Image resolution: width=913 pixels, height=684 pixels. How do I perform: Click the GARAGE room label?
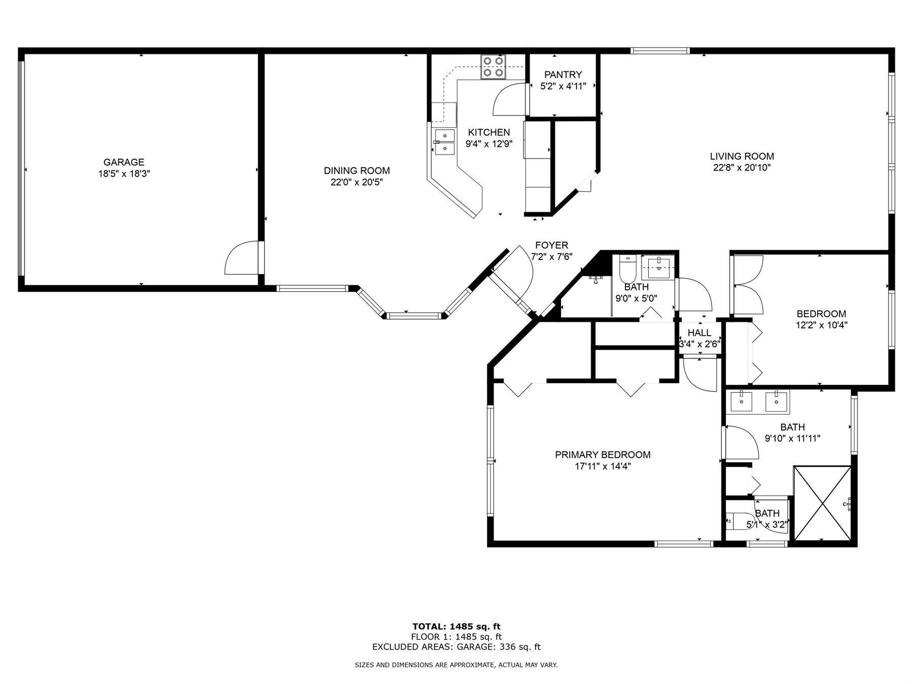(x=124, y=162)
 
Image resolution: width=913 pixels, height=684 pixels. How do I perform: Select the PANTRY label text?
(x=563, y=75)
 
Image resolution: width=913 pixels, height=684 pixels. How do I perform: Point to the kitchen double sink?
(x=444, y=142)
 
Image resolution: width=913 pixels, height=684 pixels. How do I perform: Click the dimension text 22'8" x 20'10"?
(x=742, y=168)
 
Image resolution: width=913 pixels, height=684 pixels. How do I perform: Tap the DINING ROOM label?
(x=357, y=171)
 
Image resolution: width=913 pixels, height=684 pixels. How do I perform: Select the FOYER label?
(x=551, y=246)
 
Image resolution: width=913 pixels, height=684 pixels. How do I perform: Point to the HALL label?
(x=699, y=333)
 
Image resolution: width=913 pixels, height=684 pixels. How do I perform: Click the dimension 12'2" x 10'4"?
(x=821, y=325)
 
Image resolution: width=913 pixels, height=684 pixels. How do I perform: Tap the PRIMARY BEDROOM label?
(x=603, y=455)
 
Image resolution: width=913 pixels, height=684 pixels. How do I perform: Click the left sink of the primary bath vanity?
(x=742, y=401)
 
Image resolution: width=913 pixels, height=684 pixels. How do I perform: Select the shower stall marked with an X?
(x=822, y=504)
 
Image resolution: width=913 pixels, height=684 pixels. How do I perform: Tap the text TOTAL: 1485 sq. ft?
(x=456, y=627)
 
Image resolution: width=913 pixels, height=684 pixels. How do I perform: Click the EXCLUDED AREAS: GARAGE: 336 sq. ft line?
(x=456, y=647)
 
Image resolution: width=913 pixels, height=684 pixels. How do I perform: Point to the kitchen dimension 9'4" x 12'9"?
(x=489, y=144)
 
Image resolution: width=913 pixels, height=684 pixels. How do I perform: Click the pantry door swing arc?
(x=509, y=99)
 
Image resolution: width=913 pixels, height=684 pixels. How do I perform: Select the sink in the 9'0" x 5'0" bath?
(x=659, y=268)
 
